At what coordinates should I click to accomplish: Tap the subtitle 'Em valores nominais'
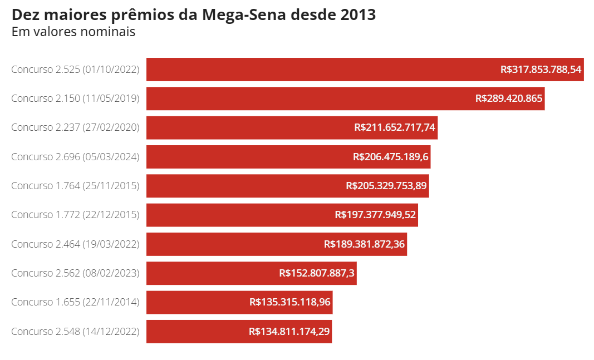pyautogui.click(x=73, y=32)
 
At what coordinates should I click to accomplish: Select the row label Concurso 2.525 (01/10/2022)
pyautogui.click(x=75, y=70)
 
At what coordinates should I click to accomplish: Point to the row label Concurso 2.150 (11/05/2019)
pyautogui.click(x=75, y=98)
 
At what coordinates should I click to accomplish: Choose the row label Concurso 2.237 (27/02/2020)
pyautogui.click(x=75, y=127)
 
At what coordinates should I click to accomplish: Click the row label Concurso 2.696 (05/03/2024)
pyautogui.click(x=75, y=157)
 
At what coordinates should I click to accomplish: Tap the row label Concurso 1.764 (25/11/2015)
pyautogui.click(x=75, y=186)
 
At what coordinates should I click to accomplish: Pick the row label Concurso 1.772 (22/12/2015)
pyautogui.click(x=75, y=215)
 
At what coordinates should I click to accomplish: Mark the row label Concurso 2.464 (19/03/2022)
pyautogui.click(x=75, y=244)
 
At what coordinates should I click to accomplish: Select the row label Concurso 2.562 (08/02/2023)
pyautogui.click(x=75, y=273)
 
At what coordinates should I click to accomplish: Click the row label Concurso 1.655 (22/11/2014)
pyautogui.click(x=75, y=302)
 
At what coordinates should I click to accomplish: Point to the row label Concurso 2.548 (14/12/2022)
pyautogui.click(x=75, y=331)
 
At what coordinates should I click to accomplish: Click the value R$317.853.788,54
pyautogui.click(x=541, y=70)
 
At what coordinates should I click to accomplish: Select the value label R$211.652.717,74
pyautogui.click(x=395, y=127)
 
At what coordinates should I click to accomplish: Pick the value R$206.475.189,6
pyautogui.click(x=391, y=157)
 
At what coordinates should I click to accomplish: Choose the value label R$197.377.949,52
pyautogui.click(x=375, y=215)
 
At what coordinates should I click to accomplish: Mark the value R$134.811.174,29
pyautogui.click(x=289, y=331)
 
